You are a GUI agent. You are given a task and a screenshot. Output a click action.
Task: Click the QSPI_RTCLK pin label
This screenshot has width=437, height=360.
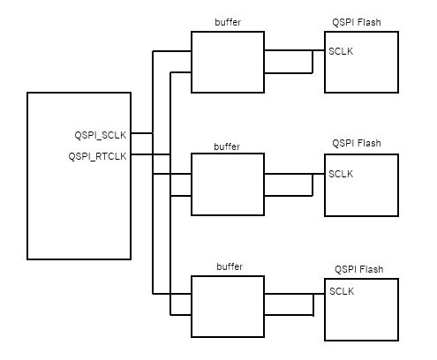(x=98, y=156)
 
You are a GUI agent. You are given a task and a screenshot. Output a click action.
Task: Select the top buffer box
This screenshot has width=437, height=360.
(x=228, y=62)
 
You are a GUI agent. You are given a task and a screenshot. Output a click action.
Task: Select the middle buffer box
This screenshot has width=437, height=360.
(x=228, y=184)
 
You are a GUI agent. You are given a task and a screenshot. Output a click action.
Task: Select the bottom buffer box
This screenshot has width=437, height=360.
(x=228, y=305)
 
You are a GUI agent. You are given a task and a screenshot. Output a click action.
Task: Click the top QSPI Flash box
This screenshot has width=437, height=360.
(x=361, y=71)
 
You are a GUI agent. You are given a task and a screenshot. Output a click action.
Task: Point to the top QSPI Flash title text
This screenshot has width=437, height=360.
(x=357, y=19)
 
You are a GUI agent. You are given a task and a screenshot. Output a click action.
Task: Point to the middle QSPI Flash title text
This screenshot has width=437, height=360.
(x=357, y=142)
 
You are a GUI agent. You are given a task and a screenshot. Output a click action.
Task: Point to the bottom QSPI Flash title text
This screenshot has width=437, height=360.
(x=358, y=267)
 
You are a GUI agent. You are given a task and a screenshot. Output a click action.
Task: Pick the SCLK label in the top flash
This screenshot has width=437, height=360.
(x=341, y=51)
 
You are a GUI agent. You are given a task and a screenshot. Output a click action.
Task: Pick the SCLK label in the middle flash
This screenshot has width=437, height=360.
(x=341, y=174)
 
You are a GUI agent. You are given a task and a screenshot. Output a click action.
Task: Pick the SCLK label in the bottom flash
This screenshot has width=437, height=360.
(x=342, y=291)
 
